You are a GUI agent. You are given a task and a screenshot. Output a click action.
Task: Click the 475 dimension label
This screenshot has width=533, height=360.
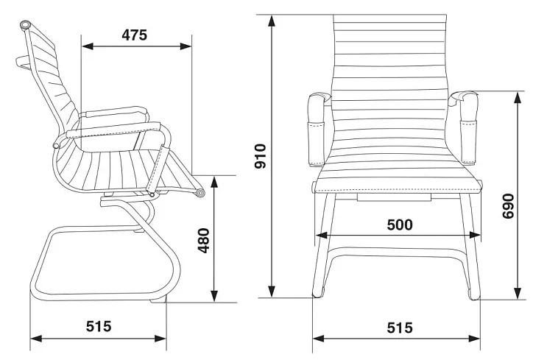click(135, 35)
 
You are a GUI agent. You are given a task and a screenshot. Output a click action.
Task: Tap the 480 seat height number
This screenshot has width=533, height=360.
click(204, 241)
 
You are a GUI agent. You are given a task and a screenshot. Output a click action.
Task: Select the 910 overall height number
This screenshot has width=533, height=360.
click(261, 156)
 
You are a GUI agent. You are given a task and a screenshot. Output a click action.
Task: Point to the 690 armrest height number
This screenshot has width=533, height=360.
click(509, 206)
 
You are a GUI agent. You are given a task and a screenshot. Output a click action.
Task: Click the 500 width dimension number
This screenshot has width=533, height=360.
click(400, 225)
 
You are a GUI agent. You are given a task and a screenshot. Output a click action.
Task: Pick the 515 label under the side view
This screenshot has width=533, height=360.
click(99, 326)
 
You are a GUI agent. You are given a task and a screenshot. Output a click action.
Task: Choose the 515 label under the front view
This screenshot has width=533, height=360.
click(400, 328)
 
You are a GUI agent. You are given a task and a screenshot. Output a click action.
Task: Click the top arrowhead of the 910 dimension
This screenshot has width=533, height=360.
click(271, 21)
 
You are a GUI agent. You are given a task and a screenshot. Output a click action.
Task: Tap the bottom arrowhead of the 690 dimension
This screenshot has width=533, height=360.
click(518, 293)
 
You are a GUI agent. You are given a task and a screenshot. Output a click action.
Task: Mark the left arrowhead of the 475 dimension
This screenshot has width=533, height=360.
click(88, 46)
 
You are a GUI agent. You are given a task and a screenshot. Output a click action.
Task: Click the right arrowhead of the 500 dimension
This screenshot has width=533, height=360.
click(475, 236)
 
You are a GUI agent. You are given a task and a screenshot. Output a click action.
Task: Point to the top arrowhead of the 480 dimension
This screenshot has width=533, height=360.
click(213, 183)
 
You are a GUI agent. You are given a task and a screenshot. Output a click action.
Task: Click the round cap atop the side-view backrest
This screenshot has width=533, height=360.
click(26, 26)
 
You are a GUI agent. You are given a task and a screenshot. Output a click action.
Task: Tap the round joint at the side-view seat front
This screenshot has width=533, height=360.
click(200, 193)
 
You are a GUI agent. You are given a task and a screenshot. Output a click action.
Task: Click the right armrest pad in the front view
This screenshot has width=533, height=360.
click(467, 128)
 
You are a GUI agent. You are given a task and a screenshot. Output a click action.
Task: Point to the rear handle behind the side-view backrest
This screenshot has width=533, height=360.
click(24, 63)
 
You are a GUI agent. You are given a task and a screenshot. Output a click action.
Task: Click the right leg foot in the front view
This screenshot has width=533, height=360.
click(475, 295)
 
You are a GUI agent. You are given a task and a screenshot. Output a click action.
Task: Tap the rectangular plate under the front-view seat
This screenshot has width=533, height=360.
click(394, 197)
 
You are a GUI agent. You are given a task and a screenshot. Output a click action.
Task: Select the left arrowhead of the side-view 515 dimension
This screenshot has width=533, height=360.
click(36, 338)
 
